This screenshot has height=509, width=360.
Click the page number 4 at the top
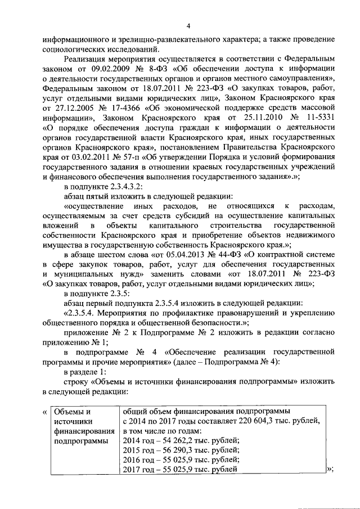(188, 25)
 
